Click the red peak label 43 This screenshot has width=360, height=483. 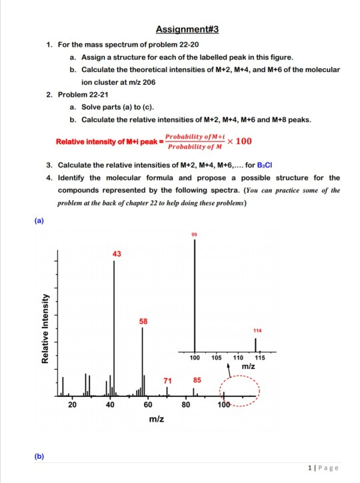[117, 253]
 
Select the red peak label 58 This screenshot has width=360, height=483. [143, 321]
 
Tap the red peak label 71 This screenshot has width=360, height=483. [168, 380]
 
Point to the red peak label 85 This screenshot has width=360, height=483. [197, 380]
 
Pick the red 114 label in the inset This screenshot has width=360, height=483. [257, 330]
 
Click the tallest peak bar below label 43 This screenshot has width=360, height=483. [114, 327]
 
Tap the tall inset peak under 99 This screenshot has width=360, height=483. [195, 294]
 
